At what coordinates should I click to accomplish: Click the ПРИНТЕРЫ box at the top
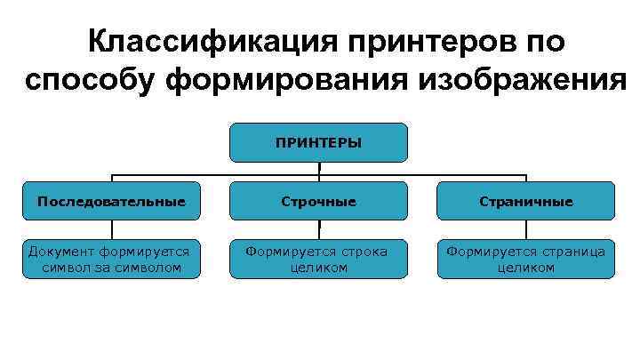(x=319, y=142)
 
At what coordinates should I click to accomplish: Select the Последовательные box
(x=112, y=202)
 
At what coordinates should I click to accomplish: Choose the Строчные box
(x=319, y=202)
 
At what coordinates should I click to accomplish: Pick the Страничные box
(x=525, y=202)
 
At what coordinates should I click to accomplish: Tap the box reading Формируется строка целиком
(x=319, y=259)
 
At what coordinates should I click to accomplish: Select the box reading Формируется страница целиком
(x=525, y=259)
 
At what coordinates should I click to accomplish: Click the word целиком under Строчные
(x=319, y=268)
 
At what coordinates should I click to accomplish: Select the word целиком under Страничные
(x=525, y=268)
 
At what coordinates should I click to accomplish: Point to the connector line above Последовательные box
(x=112, y=177)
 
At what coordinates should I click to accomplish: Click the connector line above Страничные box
(x=525, y=177)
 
